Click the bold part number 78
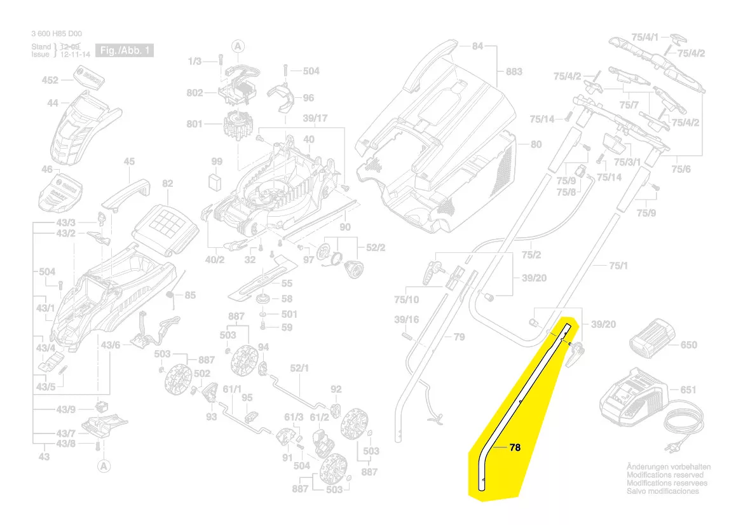(515, 447)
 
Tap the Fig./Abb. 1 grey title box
(124, 50)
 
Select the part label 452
(50, 80)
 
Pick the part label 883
(514, 71)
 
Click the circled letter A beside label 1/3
(238, 46)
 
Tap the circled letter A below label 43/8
(102, 467)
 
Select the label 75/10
(406, 299)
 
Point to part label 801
(194, 124)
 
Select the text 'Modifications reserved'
(665, 475)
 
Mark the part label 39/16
(406, 319)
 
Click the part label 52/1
(299, 368)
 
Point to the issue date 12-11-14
(66, 55)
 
